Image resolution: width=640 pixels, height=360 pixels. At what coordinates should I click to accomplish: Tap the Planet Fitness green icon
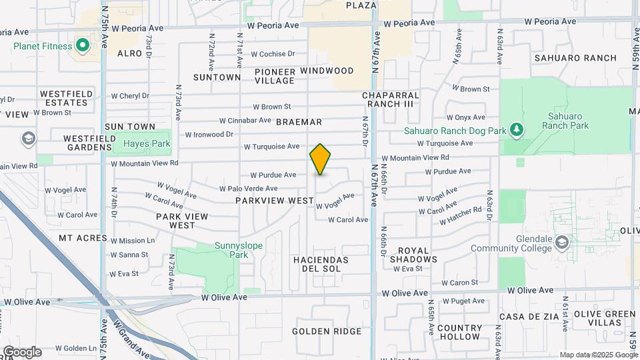pyautogui.click(x=83, y=46)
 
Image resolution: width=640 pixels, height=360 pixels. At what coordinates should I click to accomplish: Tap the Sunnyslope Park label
pyautogui.click(x=239, y=250)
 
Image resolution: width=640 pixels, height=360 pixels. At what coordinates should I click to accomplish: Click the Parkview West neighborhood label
pyautogui.click(x=274, y=200)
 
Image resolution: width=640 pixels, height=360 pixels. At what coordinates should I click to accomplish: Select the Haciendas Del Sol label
pyautogui.click(x=321, y=263)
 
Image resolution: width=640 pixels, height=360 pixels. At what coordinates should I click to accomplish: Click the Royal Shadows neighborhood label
pyautogui.click(x=413, y=255)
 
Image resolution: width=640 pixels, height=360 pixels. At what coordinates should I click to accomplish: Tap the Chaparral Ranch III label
pyautogui.click(x=391, y=99)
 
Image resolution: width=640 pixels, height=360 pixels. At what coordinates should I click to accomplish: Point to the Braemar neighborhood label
pyautogui.click(x=299, y=122)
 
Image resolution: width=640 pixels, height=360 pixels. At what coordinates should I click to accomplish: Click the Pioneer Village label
pyautogui.click(x=274, y=76)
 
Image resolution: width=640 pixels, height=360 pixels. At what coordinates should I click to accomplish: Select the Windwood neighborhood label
pyautogui.click(x=327, y=71)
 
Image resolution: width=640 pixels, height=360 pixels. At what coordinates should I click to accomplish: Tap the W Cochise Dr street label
pyautogui.click(x=273, y=54)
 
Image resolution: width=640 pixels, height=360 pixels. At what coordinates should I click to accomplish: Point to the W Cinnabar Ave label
pyautogui.click(x=245, y=121)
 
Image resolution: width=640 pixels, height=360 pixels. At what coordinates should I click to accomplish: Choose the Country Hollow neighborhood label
pyautogui.click(x=460, y=332)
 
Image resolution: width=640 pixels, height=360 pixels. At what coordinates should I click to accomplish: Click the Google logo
pyautogui.click(x=22, y=351)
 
